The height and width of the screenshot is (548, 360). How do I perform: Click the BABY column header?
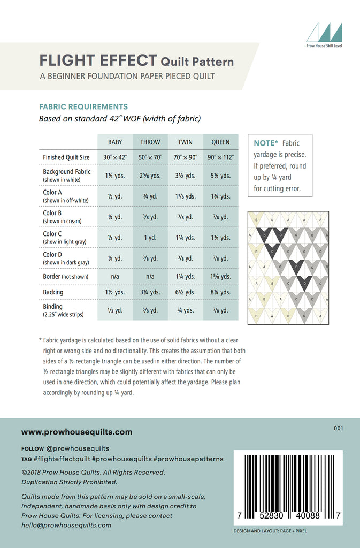coord(115,142)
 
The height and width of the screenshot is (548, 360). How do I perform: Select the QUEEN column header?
coord(220,142)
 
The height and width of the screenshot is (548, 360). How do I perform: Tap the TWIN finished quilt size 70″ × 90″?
coord(186,158)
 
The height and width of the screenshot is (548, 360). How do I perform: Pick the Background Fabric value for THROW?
coord(150,176)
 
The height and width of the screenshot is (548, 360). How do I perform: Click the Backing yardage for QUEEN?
coord(220,292)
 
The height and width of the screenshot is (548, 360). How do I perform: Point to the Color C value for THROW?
coord(150,238)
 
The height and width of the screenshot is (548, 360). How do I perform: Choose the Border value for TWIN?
coord(186,277)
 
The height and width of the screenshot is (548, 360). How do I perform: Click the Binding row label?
coord(53,307)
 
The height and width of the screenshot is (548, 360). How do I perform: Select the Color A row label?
coord(52,192)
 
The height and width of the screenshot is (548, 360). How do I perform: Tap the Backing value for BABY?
coord(115,292)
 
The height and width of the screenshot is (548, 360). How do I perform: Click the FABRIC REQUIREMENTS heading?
coord(83,106)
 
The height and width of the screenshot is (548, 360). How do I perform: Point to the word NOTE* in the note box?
coord(266,143)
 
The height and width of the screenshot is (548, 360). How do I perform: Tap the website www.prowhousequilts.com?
coord(76,432)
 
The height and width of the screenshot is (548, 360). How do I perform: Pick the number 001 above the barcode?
coord(338,428)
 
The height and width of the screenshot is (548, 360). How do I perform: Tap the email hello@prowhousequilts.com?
coord(66,525)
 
